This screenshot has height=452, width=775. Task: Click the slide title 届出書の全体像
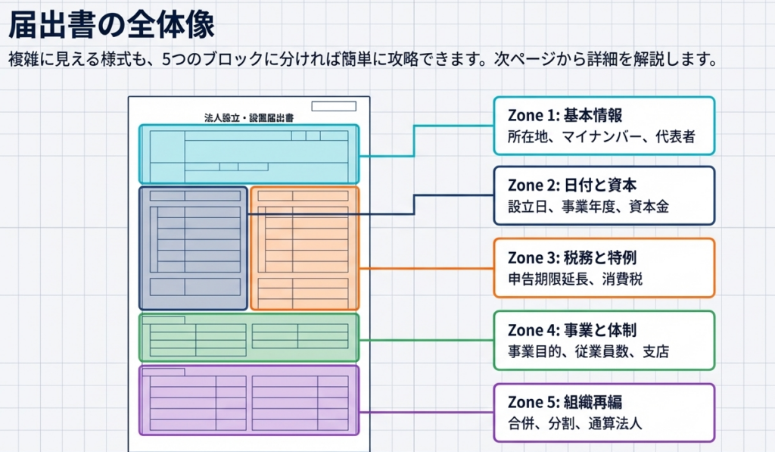pos(111,25)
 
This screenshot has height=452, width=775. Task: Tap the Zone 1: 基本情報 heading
pos(565,116)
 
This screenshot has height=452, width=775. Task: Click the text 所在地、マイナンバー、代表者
pos(601,138)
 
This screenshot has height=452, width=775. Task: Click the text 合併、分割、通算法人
pos(575,423)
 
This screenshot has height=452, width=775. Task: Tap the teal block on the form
pos(248,154)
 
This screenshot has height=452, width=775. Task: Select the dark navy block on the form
pos(193,248)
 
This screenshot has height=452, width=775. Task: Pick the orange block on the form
pos(304,248)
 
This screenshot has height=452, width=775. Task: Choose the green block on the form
pos(248,337)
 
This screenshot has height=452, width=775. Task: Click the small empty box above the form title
pos(333,106)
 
